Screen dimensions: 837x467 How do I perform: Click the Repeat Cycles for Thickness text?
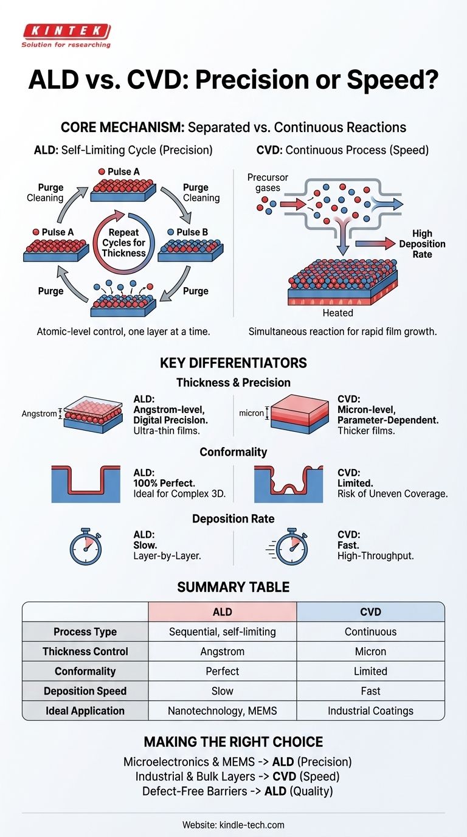pos(124,243)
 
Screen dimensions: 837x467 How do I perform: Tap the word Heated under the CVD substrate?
pos(338,313)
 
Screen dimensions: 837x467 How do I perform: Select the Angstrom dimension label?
pos(39,414)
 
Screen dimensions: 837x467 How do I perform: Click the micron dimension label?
pos(251,413)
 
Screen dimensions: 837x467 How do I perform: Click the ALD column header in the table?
pos(222,611)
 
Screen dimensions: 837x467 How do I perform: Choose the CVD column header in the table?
pos(370,611)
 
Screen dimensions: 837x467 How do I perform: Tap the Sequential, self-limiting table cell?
pos(222,631)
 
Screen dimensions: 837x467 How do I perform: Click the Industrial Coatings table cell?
pos(370,710)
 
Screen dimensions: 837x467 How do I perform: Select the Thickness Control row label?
pos(85,651)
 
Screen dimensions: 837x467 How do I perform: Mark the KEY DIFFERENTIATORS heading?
pos(233,363)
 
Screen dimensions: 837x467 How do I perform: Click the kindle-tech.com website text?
pos(233,825)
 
